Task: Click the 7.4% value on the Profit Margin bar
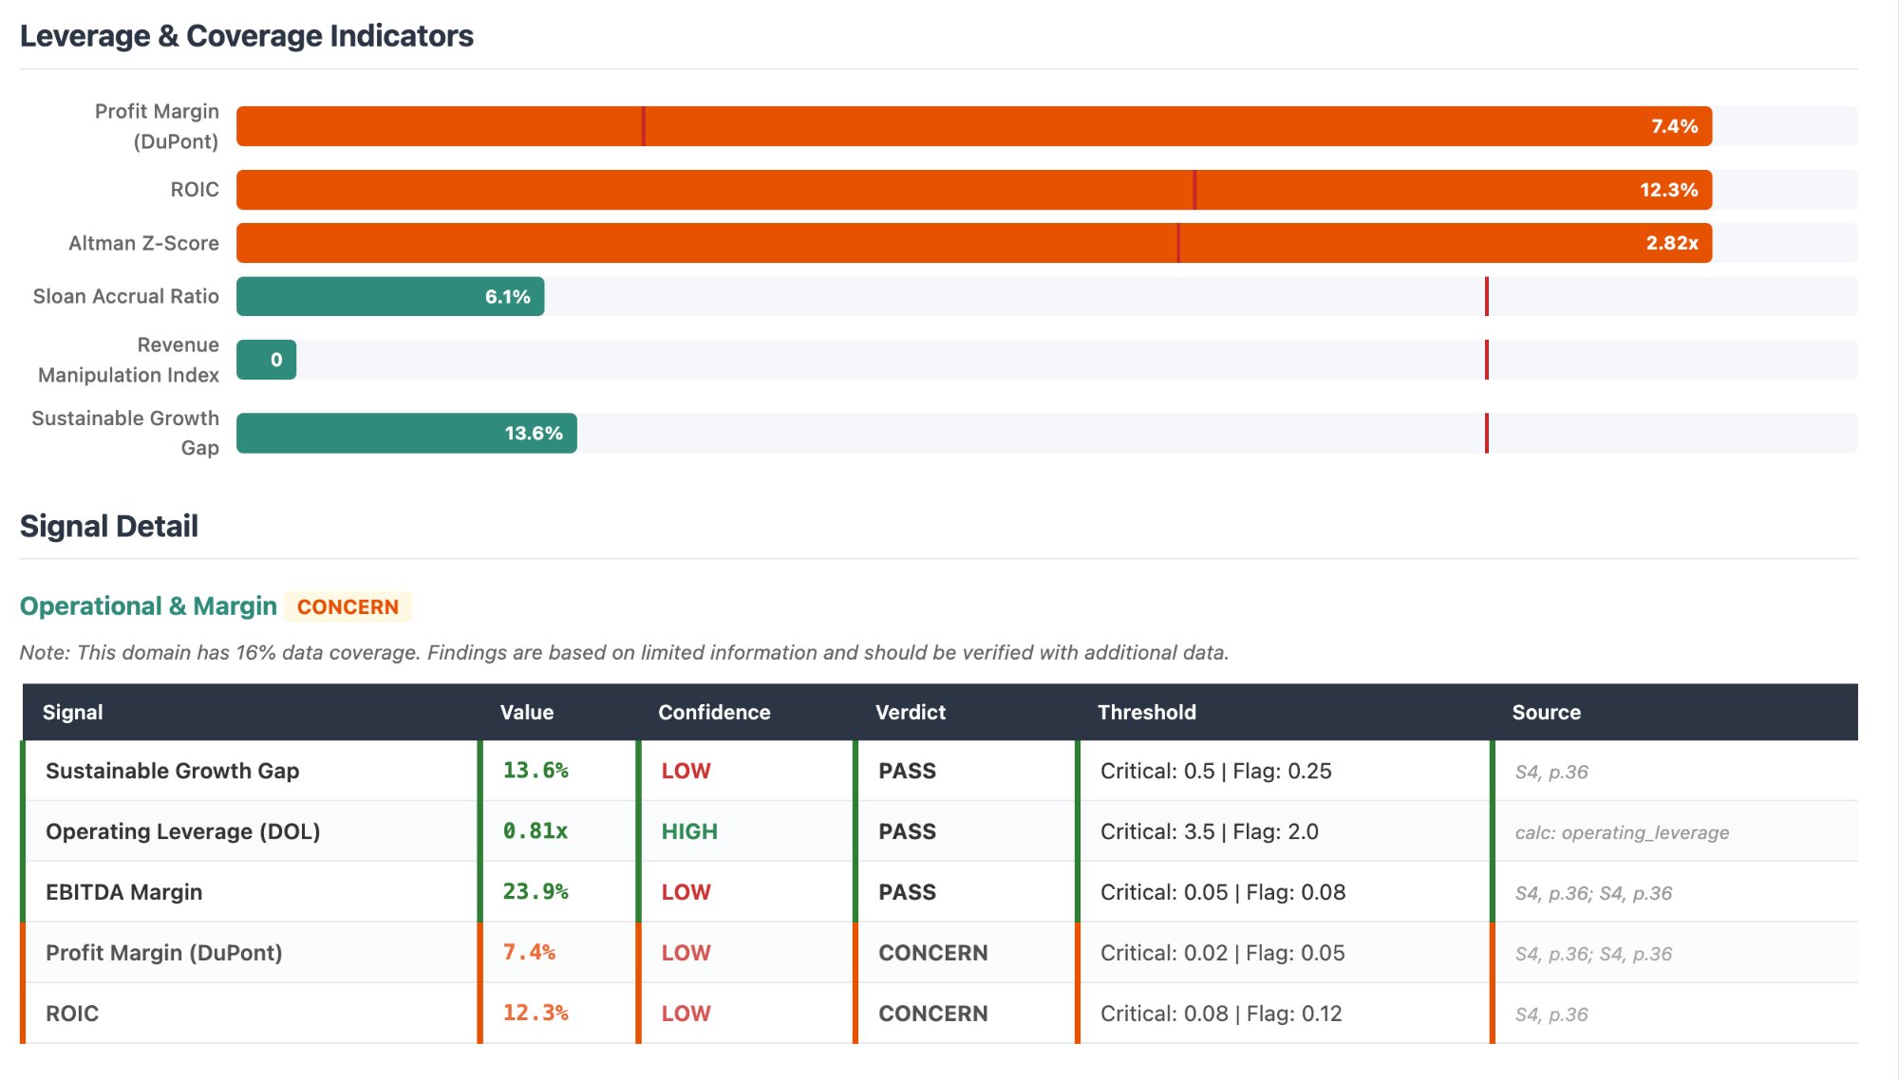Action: point(1674,126)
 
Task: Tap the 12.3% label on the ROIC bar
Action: point(1668,190)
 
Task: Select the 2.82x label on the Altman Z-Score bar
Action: point(1671,243)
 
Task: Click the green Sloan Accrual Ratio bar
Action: point(389,296)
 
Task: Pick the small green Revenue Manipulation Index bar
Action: point(266,360)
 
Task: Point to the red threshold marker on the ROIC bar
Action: point(1194,190)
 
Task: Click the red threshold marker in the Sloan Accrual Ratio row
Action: point(1486,296)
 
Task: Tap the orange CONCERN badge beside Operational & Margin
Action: point(348,606)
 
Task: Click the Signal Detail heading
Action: point(109,526)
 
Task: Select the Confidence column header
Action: point(714,712)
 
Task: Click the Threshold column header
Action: point(1146,712)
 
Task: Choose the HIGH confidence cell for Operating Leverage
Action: point(689,831)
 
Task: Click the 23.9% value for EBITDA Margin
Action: point(536,892)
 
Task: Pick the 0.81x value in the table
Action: point(536,831)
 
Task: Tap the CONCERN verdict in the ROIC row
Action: point(932,1014)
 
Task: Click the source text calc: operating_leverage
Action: point(1622,832)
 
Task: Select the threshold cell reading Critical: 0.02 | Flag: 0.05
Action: point(1222,953)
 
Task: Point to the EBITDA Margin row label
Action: point(123,892)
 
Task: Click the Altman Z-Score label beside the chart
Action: point(143,243)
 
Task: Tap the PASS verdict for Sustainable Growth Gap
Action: point(907,771)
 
